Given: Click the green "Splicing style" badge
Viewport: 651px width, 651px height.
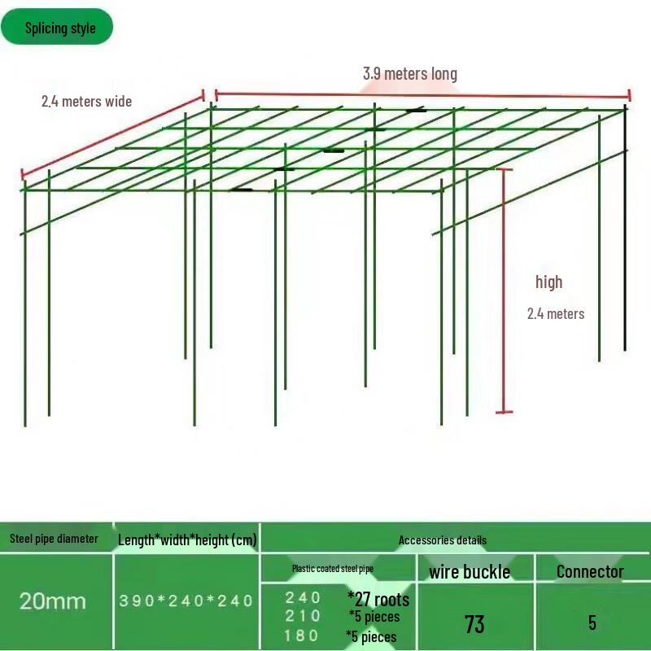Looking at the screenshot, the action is (x=57, y=28).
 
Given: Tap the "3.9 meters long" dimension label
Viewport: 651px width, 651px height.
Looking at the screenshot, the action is (x=409, y=74).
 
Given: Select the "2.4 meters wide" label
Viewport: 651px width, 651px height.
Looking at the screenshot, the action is (x=86, y=102).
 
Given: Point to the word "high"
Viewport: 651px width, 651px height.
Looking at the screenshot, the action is (x=548, y=282).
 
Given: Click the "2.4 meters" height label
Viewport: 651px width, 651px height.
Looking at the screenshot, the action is (x=555, y=313).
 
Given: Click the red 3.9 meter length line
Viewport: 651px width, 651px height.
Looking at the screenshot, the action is (x=422, y=94).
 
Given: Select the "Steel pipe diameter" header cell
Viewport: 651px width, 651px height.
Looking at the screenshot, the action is (x=54, y=539).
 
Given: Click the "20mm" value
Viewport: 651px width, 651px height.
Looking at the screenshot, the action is (x=53, y=601).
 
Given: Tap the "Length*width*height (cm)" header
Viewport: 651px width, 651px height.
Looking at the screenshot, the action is (x=187, y=540).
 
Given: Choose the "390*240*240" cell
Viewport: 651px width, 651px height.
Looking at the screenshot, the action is (x=186, y=601).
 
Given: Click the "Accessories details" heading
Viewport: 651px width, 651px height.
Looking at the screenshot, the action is (x=443, y=540).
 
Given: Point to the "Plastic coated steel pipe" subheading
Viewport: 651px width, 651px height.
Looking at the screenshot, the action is (x=332, y=569).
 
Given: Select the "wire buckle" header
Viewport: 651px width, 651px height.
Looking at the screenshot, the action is (x=470, y=572).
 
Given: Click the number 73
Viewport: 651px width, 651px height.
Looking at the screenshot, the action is (x=474, y=624).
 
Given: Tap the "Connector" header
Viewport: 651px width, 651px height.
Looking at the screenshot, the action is (x=590, y=571).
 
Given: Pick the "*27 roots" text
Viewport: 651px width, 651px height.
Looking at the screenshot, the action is (x=378, y=601).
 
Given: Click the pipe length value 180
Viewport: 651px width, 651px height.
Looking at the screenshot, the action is (x=302, y=636).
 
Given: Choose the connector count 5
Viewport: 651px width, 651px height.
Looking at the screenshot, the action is (x=592, y=623).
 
